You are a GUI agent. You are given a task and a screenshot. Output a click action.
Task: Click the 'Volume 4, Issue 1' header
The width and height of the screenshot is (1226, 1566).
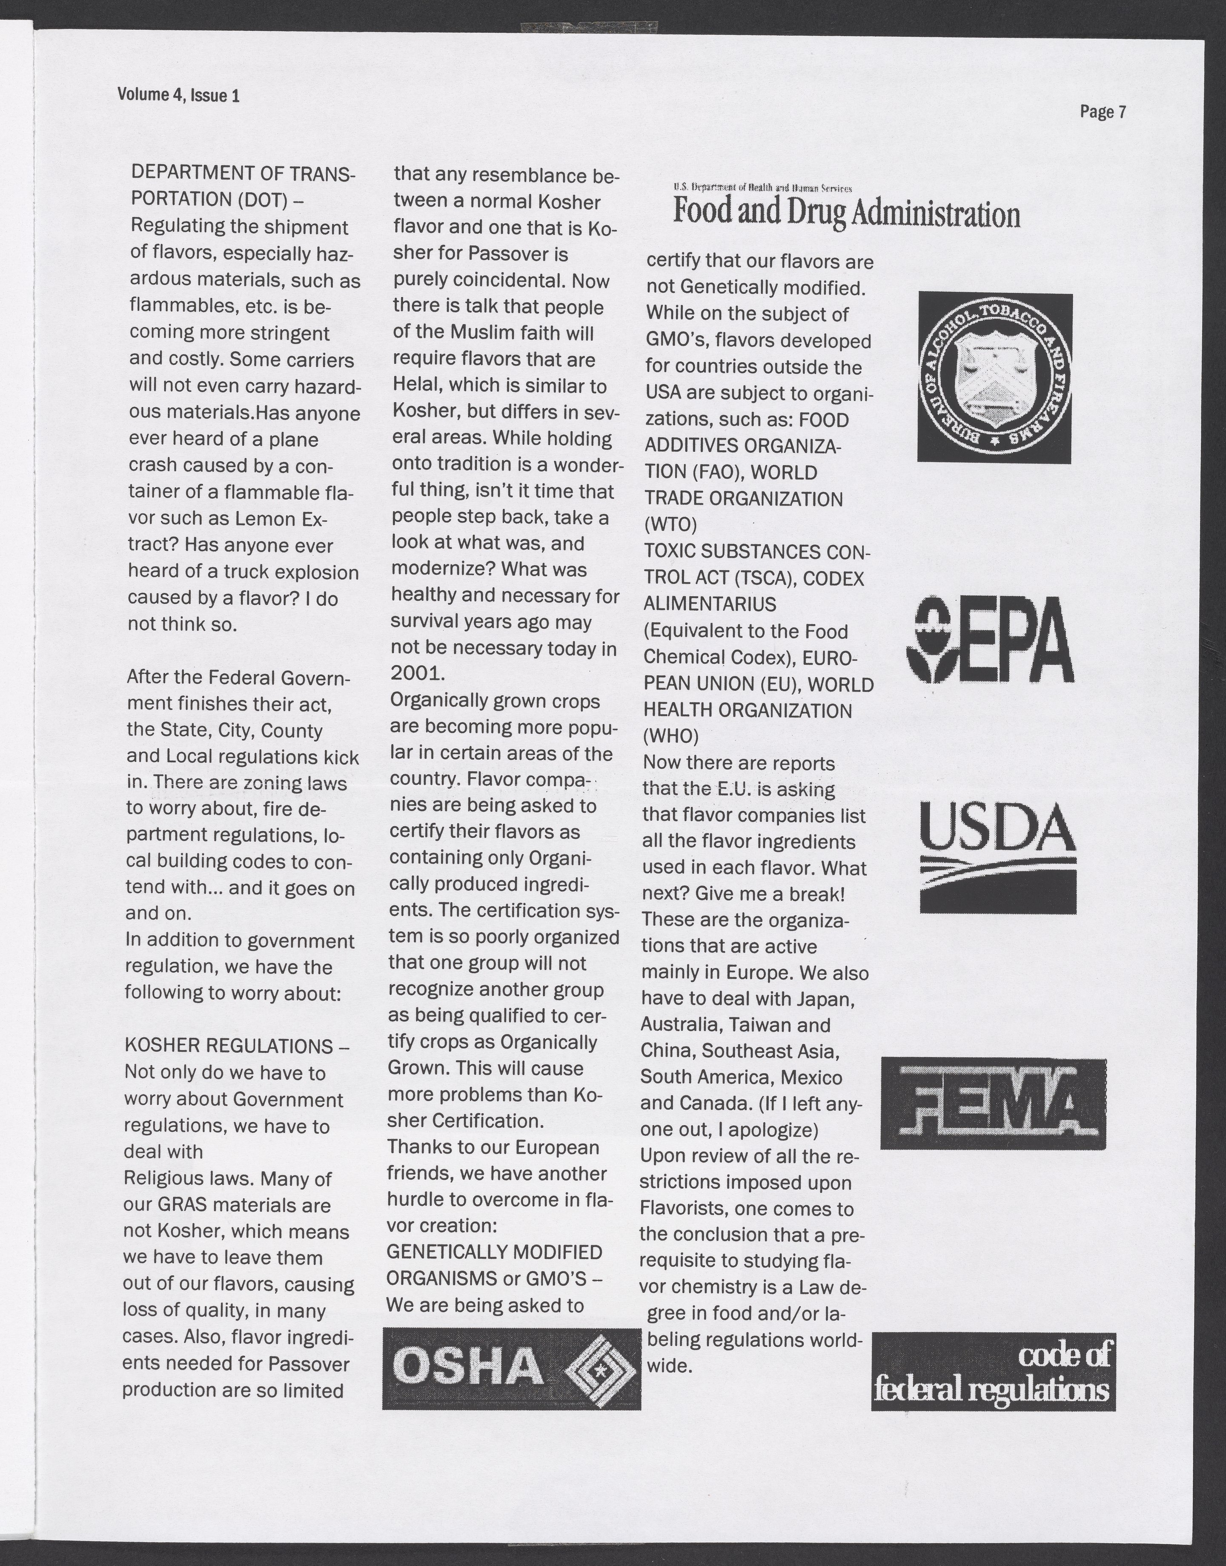point(178,95)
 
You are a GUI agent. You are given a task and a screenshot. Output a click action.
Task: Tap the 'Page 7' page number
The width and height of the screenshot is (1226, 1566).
point(1103,112)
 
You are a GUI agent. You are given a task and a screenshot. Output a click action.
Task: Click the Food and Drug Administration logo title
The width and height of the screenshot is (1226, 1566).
point(845,213)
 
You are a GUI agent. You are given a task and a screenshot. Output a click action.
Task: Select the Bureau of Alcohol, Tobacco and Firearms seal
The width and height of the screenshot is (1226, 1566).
point(995,378)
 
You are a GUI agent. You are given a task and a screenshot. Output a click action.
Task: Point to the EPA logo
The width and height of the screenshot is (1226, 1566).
point(991,641)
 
